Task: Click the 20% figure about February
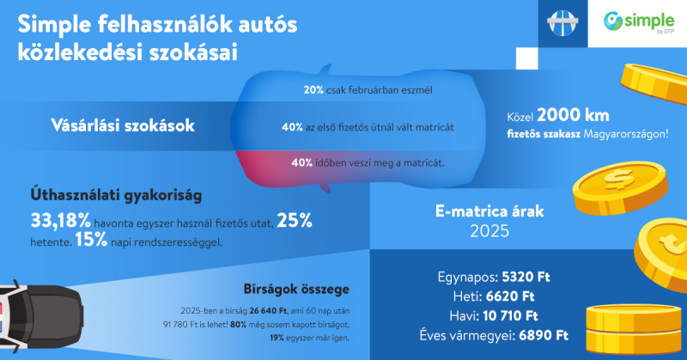click(312, 89)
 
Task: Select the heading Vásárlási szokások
click(122, 125)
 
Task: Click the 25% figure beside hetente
click(294, 223)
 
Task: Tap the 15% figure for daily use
click(90, 241)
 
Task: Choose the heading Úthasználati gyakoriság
click(116, 196)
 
